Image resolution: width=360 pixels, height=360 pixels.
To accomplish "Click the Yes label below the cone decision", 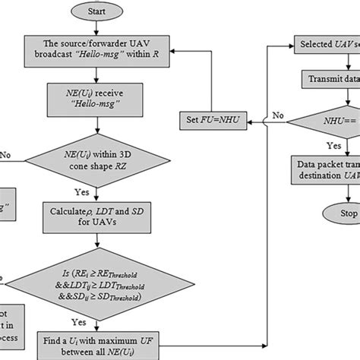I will pyautogui.click(x=113, y=192).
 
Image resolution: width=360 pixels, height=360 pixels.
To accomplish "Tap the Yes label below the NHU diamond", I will pyautogui.click(x=311, y=146).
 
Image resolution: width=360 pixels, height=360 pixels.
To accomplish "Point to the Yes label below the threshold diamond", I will pyautogui.click(x=113, y=321).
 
